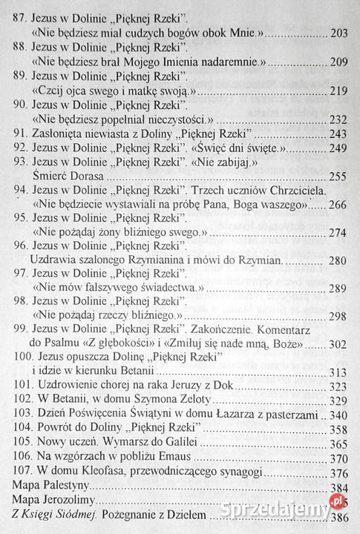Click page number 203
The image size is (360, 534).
(338, 35)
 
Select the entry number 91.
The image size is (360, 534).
(22, 133)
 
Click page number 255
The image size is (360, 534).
(338, 176)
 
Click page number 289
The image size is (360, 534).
(338, 288)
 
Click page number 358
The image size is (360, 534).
(338, 428)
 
